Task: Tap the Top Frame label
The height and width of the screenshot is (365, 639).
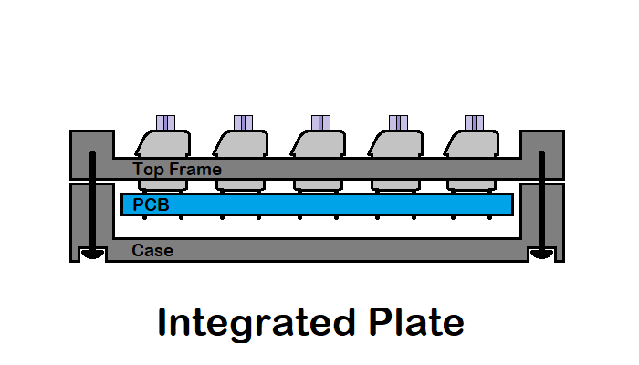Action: [177, 169]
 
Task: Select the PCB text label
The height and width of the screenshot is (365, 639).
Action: [152, 204]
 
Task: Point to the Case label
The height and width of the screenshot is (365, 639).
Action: [152, 250]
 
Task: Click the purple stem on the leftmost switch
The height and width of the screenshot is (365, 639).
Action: [165, 122]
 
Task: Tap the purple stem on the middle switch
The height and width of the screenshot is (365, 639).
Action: [320, 122]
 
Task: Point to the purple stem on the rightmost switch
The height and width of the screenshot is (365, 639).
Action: [474, 122]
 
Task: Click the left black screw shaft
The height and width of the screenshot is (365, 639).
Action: [93, 201]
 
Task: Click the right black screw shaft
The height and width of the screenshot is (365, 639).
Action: [542, 201]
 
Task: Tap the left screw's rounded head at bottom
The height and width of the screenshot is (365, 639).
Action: [90, 255]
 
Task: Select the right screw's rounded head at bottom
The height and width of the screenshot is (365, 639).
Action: [542, 255]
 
